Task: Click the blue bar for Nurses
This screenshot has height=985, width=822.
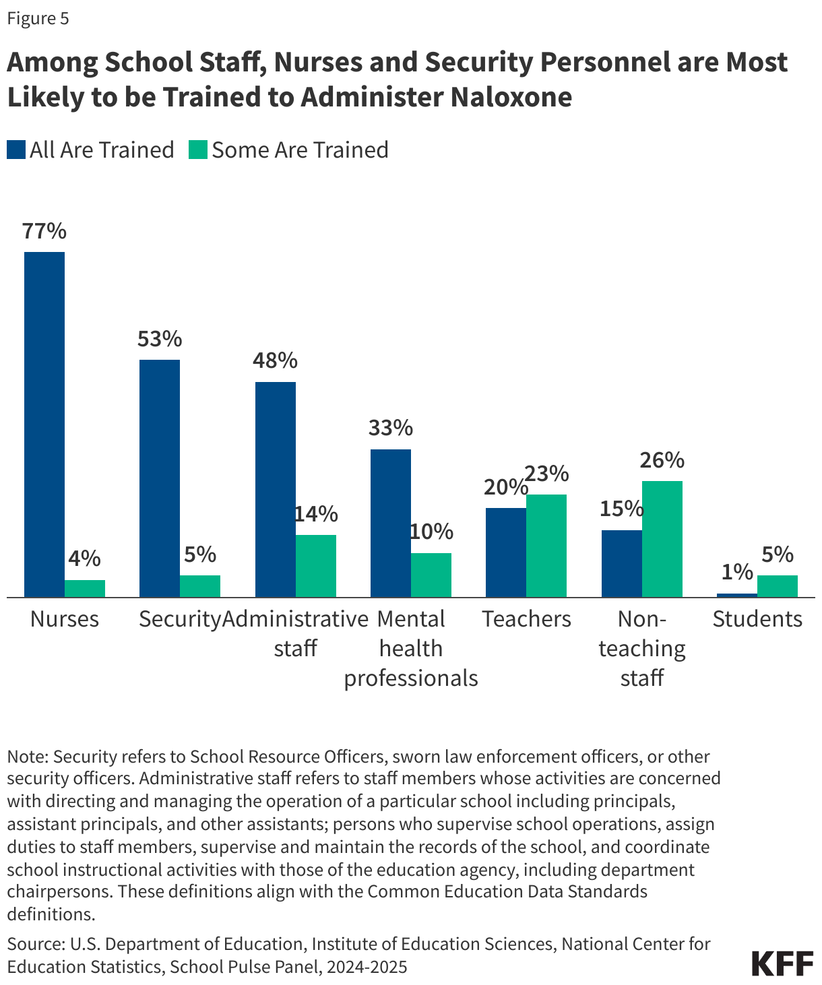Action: pyautogui.click(x=44, y=424)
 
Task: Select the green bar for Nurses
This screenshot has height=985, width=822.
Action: pyautogui.click(x=85, y=588)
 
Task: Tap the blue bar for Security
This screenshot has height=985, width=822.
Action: pyautogui.click(x=160, y=478)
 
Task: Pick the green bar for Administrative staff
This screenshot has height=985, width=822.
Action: pyautogui.click(x=316, y=566)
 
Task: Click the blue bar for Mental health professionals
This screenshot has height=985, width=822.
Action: pyautogui.click(x=391, y=523)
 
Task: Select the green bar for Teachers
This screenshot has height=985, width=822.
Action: pyautogui.click(x=546, y=546)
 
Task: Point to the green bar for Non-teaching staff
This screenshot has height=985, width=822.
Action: pyautogui.click(x=662, y=539)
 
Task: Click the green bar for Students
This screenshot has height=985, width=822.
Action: pyautogui.click(x=778, y=586)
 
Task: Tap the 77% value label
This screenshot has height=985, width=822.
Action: pyautogui.click(x=44, y=231)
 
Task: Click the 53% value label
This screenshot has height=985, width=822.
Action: pyautogui.click(x=160, y=339)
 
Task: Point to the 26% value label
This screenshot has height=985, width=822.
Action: pyautogui.click(x=662, y=460)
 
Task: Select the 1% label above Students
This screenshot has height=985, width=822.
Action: pyautogui.click(x=737, y=572)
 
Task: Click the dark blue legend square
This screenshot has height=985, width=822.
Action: pyautogui.click(x=16, y=150)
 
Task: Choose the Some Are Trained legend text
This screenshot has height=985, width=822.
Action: pyautogui.click(x=300, y=150)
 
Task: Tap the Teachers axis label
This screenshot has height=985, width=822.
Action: pyautogui.click(x=526, y=618)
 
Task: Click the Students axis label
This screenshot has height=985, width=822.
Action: pyautogui.click(x=757, y=618)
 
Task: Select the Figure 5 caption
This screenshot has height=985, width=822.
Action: pyautogui.click(x=38, y=18)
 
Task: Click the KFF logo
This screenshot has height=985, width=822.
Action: pyautogui.click(x=782, y=963)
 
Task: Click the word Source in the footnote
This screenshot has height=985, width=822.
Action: pyautogui.click(x=33, y=944)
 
